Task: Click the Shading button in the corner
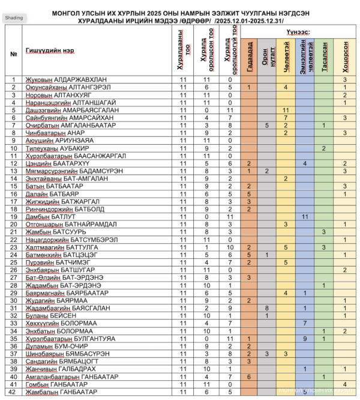click(14, 17)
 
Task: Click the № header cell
click(13, 54)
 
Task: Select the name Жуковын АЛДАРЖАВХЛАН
click(66, 79)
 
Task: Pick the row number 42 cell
click(13, 392)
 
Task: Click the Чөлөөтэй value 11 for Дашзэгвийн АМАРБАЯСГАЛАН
click(286, 110)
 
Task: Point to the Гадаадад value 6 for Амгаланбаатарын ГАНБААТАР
click(248, 377)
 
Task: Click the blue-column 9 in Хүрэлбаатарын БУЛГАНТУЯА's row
click(305, 339)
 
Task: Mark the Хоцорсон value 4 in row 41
click(345, 384)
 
